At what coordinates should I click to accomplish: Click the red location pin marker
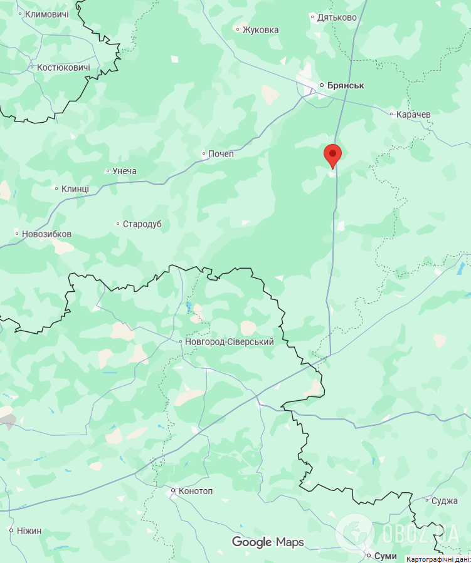332,155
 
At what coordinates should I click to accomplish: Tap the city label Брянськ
342,85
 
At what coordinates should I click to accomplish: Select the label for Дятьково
337,18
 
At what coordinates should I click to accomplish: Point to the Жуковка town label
260,29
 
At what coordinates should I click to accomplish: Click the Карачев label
414,115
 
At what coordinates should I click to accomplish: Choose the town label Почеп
221,153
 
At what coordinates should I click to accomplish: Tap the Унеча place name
124,171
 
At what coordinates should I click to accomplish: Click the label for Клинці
75,189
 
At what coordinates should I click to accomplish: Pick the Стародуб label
142,224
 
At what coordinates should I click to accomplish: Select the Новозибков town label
46,234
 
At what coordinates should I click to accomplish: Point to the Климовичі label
46,14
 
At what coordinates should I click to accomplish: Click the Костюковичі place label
63,68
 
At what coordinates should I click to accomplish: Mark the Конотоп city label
196,491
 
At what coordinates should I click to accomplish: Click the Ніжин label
29,531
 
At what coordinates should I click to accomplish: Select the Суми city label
385,555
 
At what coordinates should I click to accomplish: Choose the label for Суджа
445,501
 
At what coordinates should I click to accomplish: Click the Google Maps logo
268,542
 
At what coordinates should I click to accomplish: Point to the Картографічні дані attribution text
438,559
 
